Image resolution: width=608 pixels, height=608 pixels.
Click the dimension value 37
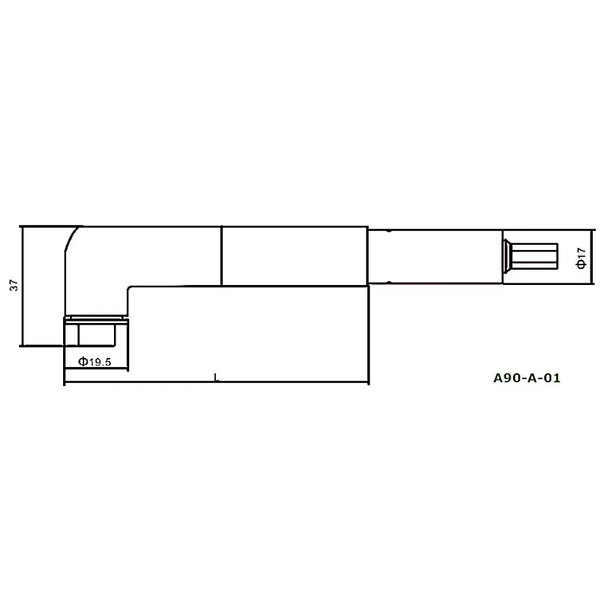(x=14, y=285)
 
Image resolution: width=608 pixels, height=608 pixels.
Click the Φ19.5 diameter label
(x=94, y=362)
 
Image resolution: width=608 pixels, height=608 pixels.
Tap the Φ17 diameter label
(x=581, y=258)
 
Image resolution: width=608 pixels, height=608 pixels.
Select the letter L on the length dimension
(x=217, y=377)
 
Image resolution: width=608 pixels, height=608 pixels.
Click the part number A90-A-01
(x=527, y=378)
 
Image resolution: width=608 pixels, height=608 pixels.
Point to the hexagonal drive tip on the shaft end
(x=535, y=257)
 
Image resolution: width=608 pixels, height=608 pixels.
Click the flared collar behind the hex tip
(x=507, y=257)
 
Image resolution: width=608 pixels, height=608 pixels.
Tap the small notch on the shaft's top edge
(x=389, y=231)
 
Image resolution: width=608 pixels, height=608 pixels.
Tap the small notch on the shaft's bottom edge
(x=389, y=282)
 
